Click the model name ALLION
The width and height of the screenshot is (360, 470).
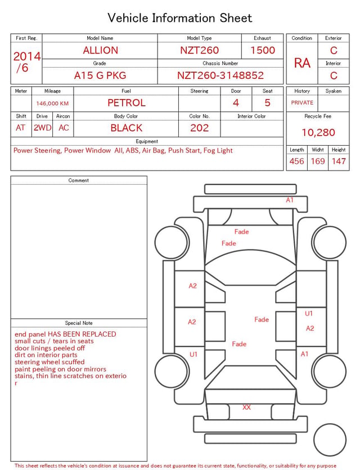(x=100, y=50)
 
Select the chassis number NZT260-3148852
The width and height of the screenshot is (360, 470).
(x=220, y=75)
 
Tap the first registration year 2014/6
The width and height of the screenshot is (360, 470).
(x=26, y=62)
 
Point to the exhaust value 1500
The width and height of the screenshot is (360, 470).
(x=263, y=50)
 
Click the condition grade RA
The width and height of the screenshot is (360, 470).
(x=302, y=63)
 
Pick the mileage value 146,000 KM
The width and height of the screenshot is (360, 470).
(x=52, y=104)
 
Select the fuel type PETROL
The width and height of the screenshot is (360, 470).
(x=127, y=103)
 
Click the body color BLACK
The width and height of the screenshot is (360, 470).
(x=127, y=128)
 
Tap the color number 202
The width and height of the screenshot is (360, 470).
(x=200, y=128)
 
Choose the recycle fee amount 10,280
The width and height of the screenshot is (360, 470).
(x=318, y=132)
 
